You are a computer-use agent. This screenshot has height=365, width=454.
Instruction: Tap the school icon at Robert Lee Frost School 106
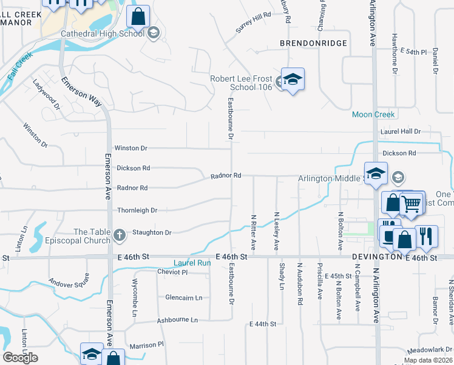pos(293,80)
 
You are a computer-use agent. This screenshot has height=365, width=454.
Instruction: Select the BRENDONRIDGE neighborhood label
pos(313,43)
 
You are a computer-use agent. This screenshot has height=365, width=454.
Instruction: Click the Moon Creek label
pos(374,114)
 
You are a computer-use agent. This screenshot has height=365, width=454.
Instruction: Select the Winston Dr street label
pos(131,148)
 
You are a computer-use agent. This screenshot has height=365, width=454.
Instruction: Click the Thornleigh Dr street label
pos(137,210)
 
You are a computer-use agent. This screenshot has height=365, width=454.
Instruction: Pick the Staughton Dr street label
pos(152,232)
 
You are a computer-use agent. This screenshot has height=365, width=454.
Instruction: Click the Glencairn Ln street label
pos(184,297)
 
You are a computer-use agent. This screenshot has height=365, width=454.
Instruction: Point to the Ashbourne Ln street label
pos(177,320)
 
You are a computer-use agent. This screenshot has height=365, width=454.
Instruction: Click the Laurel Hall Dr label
pos(401,131)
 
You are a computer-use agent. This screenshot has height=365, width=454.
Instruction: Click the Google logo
pos(20,358)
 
